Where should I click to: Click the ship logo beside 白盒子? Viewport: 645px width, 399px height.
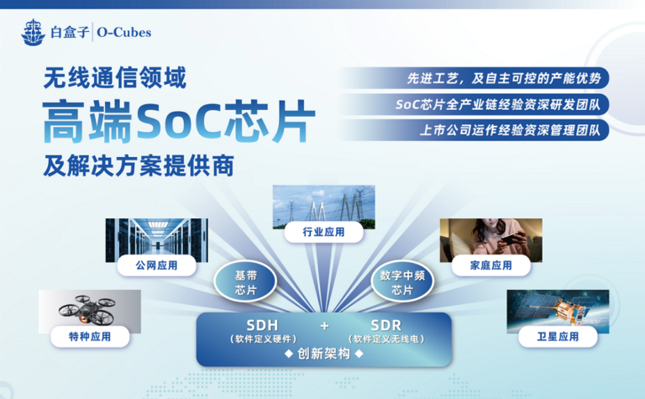point(33,32)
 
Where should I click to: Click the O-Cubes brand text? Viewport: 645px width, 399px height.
point(123,33)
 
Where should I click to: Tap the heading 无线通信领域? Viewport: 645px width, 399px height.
point(115,78)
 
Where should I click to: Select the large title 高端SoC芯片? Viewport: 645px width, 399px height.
point(179,121)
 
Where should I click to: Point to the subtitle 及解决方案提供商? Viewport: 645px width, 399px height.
point(139,165)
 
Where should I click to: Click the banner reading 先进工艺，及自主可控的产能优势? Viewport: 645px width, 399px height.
point(473,78)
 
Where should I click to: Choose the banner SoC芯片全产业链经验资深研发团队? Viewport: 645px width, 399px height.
point(473,104)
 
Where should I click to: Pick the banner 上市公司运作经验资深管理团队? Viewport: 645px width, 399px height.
point(473,130)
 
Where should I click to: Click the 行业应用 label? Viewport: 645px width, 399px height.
point(323,232)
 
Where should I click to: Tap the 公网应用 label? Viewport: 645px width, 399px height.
point(157,265)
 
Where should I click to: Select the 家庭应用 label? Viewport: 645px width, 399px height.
point(491,265)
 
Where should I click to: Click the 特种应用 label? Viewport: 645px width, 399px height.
point(90,337)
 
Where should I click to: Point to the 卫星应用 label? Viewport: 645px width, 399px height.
point(558,337)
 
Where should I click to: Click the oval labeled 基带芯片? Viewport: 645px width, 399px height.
point(245,281)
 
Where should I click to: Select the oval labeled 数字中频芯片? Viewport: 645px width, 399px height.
point(402,281)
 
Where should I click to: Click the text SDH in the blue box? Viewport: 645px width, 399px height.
point(262,325)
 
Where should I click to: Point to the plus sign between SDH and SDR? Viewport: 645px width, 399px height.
point(324,326)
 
